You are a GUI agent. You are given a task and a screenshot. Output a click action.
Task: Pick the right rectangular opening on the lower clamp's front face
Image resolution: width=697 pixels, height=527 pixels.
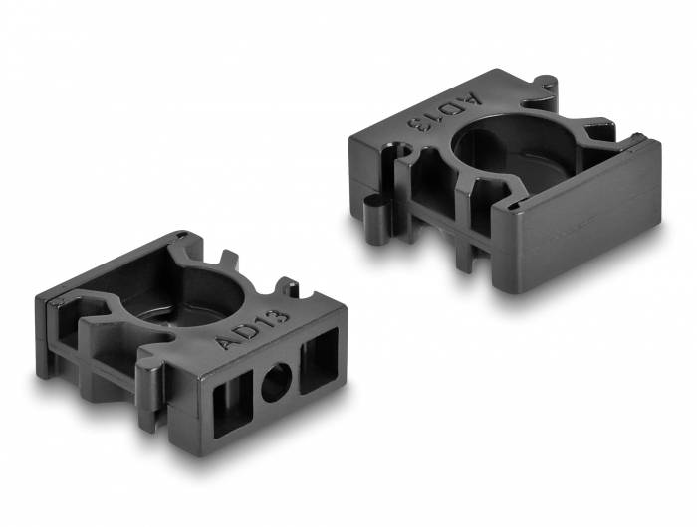click(x=321, y=359)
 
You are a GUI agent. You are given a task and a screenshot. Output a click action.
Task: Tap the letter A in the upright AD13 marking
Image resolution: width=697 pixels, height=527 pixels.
click(x=228, y=343)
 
